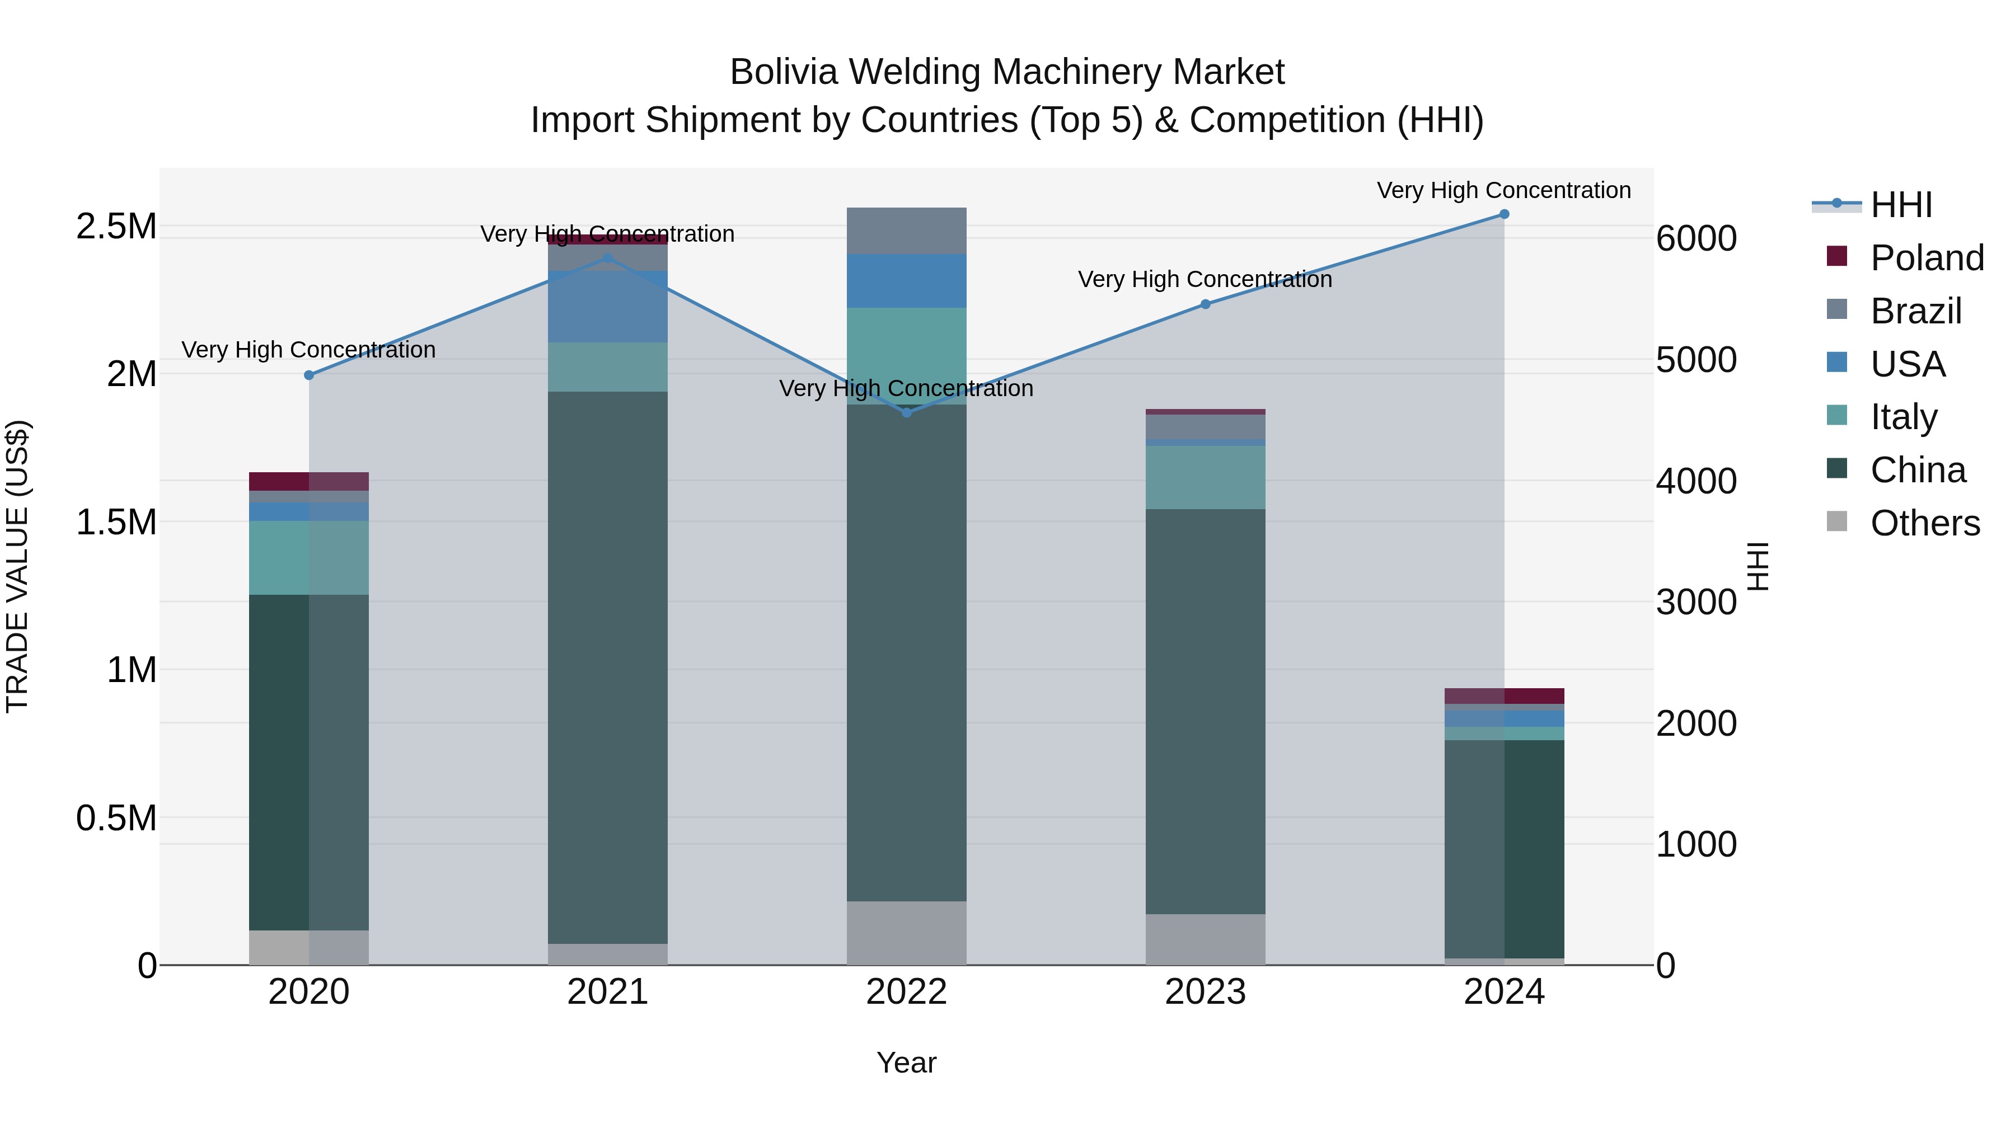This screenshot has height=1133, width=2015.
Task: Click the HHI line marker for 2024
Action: pos(1503,214)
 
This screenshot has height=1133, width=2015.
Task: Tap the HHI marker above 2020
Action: pos(309,375)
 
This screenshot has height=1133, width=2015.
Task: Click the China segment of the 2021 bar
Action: pos(608,665)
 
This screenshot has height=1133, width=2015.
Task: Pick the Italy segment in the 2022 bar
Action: pos(907,356)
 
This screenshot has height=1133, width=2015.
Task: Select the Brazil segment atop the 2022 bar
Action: pos(907,231)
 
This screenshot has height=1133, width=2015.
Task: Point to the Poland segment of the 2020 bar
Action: pos(309,481)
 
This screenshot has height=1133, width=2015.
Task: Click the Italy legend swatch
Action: pos(1836,415)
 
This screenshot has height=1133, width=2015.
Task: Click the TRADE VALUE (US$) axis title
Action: pos(17,566)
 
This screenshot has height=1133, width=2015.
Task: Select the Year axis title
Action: pos(907,1063)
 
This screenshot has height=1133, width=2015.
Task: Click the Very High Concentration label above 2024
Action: pos(1503,191)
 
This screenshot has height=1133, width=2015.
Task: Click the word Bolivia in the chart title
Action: pos(785,72)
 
